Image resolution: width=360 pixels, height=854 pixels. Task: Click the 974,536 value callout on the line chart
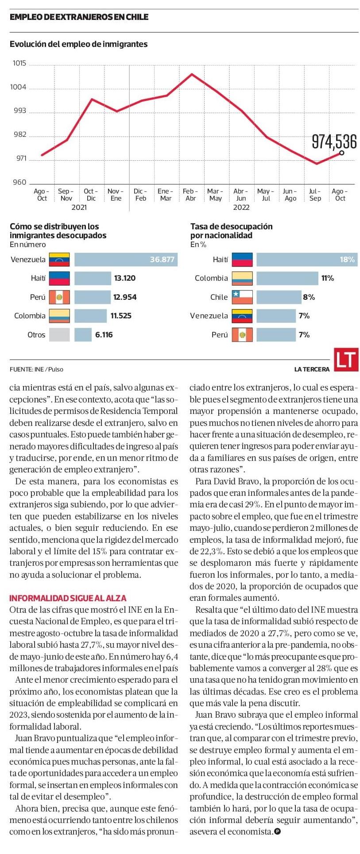(334, 142)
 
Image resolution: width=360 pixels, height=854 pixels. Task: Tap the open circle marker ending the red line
(341, 153)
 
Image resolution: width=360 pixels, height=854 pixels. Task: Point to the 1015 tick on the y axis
(19, 63)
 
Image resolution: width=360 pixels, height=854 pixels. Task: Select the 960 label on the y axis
(19, 182)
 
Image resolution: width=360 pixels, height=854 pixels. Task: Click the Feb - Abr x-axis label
(190, 195)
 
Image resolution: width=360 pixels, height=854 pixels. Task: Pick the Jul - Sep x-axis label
(315, 195)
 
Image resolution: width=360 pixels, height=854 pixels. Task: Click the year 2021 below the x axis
(79, 207)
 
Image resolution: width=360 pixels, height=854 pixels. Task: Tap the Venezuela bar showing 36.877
(126, 259)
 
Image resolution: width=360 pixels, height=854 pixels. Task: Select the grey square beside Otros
(59, 335)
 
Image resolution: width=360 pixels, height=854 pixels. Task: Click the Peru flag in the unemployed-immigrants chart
(59, 297)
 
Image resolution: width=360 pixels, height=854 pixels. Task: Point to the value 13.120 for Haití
(125, 278)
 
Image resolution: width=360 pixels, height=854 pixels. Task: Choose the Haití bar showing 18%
(306, 259)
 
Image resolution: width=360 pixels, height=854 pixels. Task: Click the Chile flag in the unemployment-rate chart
(242, 297)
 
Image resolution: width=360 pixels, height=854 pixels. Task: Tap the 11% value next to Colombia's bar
(328, 278)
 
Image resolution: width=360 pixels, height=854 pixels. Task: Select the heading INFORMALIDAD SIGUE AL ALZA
(68, 598)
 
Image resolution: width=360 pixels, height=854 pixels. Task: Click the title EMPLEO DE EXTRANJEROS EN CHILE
(79, 17)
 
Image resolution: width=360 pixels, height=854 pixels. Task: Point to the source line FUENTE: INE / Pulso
(36, 369)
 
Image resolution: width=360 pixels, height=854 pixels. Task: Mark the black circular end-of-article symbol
(278, 831)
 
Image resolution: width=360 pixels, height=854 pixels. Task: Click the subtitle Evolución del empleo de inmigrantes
(79, 44)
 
